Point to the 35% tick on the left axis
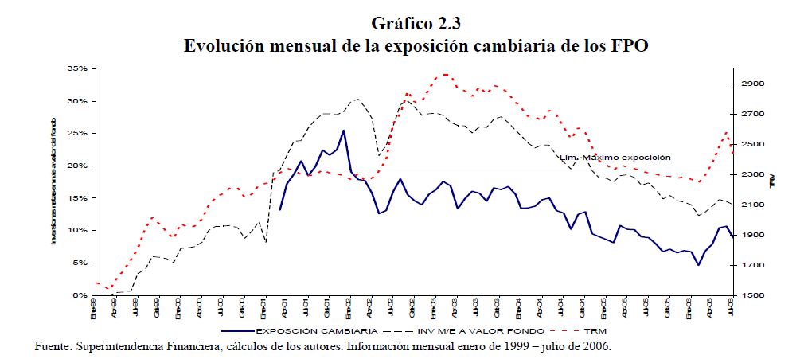click(76, 69)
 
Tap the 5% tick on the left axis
click(79, 263)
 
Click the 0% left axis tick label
click(79, 295)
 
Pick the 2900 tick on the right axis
click(754, 84)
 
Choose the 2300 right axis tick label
click(754, 174)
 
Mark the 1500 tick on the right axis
click(754, 295)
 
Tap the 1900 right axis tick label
click(754, 235)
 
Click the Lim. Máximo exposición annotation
click(616, 158)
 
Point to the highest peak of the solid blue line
click(343, 131)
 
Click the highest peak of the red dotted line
click(445, 75)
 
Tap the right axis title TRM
click(772, 183)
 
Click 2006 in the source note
click(596, 348)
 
